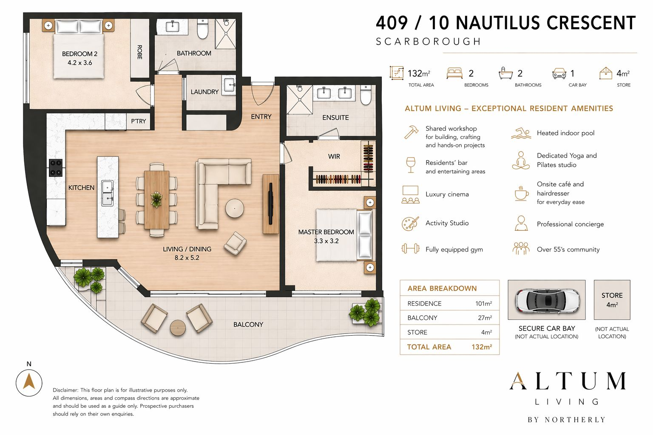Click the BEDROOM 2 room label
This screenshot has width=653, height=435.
[x=79, y=54]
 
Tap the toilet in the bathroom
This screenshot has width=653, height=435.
[x=203, y=29]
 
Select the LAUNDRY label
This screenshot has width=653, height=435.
[x=204, y=92]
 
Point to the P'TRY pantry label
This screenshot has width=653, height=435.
[x=138, y=121]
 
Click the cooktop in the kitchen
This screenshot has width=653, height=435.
[x=56, y=167]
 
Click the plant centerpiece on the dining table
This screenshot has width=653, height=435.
[x=156, y=198]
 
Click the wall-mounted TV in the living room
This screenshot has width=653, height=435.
[x=270, y=204]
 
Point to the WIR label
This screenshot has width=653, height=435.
[x=334, y=156]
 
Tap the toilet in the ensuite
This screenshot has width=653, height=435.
[x=366, y=95]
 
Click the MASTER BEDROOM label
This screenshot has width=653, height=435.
[x=326, y=232]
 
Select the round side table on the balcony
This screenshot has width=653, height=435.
[x=178, y=328]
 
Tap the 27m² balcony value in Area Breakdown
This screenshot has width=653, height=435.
[x=485, y=318]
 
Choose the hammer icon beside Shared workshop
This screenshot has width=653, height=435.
[x=411, y=132]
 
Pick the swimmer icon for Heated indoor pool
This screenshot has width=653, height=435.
[x=521, y=133]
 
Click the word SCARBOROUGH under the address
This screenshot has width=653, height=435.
[x=428, y=42]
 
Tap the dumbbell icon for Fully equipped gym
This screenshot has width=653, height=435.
[x=410, y=249]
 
